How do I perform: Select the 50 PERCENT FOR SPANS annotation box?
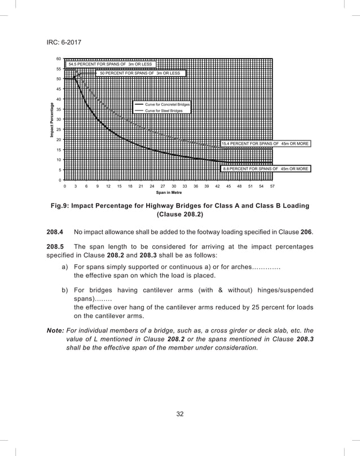(139, 73)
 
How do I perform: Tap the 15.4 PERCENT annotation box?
(265, 144)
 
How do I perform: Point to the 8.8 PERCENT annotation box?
(265, 169)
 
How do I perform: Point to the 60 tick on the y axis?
(59, 59)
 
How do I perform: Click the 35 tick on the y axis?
(59, 109)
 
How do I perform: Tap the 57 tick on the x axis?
(272, 185)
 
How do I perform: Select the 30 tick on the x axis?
(174, 185)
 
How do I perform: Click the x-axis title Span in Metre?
(169, 192)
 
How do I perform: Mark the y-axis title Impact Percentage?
(51, 120)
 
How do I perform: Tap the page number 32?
(180, 414)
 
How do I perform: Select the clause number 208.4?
(55, 231)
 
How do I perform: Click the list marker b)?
(65, 290)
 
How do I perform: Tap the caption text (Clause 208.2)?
(180, 215)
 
